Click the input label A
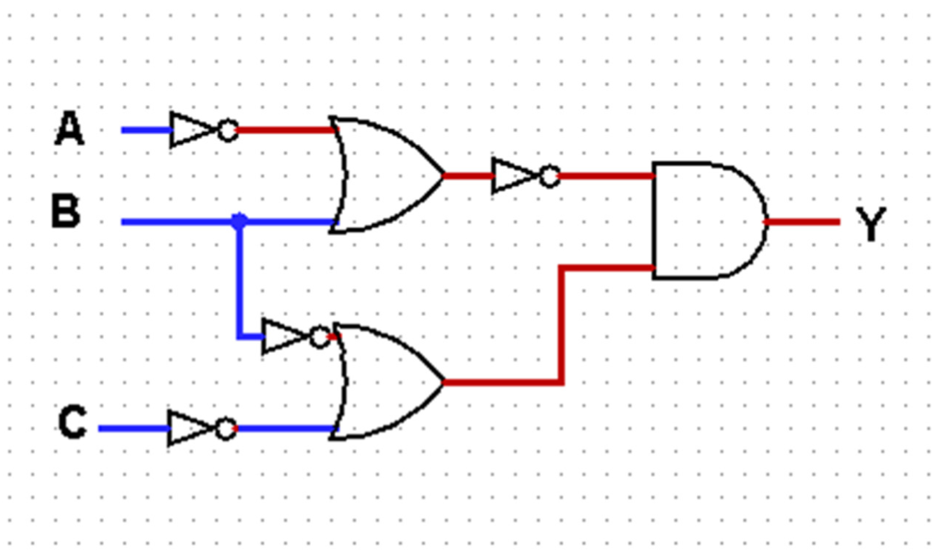point(69,130)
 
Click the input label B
point(65,211)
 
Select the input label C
point(72,423)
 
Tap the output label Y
point(870,224)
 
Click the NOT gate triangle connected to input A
point(192,130)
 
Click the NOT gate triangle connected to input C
point(190,427)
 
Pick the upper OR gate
point(386,175)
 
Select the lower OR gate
point(386,382)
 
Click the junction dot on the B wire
point(239,221)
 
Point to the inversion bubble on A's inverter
point(227,130)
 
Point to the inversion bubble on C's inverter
point(225,427)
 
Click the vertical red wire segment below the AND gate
point(562,326)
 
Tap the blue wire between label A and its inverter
point(146,130)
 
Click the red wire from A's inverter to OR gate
point(283,130)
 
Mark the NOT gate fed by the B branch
point(285,337)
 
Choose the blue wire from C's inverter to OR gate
point(283,427)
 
